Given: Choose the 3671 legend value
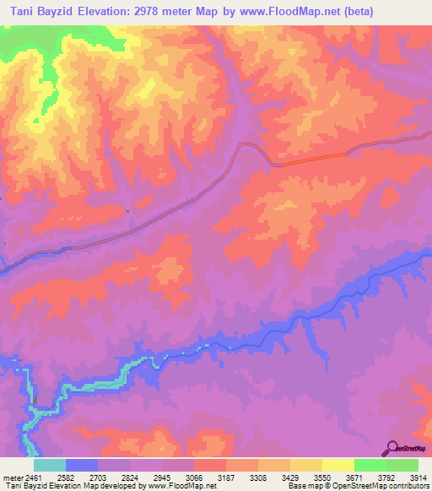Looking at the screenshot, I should (369, 478).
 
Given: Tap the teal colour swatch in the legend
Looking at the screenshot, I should (50, 465).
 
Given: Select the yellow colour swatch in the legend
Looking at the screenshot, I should (306, 465).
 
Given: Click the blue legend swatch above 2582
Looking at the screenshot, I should (82, 465).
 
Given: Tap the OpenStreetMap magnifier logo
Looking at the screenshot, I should (391, 448).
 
